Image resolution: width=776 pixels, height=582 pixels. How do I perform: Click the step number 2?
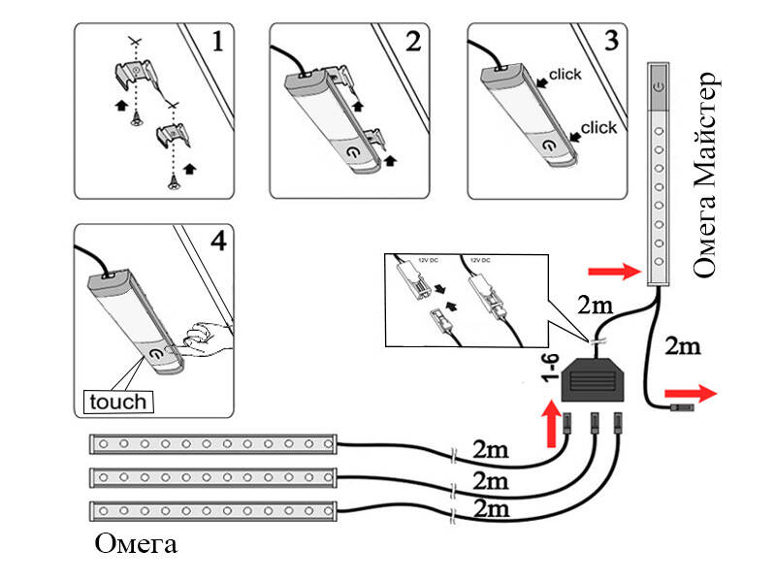point(413,42)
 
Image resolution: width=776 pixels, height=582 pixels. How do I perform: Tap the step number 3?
point(610,42)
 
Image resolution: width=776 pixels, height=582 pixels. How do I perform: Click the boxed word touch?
point(116,400)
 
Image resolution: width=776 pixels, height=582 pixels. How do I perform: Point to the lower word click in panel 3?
point(598,127)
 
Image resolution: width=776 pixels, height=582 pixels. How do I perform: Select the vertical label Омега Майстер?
point(705,175)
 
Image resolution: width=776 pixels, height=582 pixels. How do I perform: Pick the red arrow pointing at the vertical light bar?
point(617,271)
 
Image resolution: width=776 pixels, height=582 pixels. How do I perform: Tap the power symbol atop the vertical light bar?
point(659,86)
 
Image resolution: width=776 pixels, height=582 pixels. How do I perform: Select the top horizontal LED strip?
point(213,445)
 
